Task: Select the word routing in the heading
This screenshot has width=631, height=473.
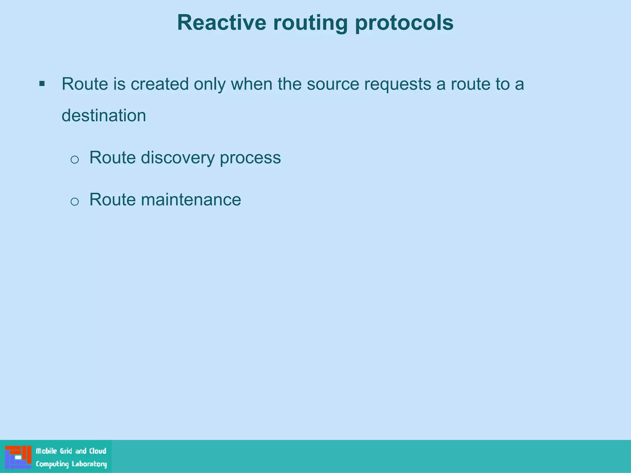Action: (310, 23)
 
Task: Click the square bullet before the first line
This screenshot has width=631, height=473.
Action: (42, 83)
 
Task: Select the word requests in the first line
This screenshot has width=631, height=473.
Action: (397, 84)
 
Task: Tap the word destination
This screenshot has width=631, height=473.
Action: (104, 115)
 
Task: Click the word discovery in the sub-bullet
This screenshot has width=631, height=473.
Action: (177, 158)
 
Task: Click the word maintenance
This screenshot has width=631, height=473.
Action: (191, 200)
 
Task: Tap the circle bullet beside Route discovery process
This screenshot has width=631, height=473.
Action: (75, 160)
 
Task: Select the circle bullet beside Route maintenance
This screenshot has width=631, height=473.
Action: (75, 202)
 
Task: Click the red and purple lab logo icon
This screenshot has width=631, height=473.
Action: (18, 457)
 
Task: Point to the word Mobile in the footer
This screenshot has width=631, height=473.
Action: (46, 451)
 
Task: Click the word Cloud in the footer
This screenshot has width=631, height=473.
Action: (98, 451)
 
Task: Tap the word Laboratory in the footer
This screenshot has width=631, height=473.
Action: (89, 464)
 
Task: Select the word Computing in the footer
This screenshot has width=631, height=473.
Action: (52, 464)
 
